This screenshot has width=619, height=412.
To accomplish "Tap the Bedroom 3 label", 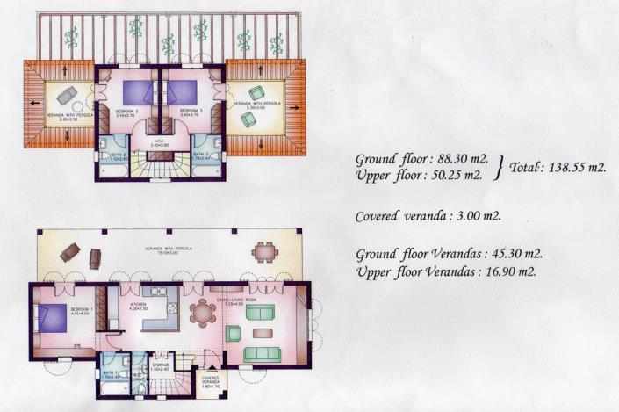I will pyautogui.click(x=191, y=112).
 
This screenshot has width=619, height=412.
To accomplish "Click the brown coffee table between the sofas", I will pyautogui.click(x=262, y=333).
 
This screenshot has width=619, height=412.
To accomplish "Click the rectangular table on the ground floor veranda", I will pyautogui.click(x=264, y=253).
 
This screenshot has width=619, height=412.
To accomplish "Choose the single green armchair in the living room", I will pyautogui.click(x=234, y=333).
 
